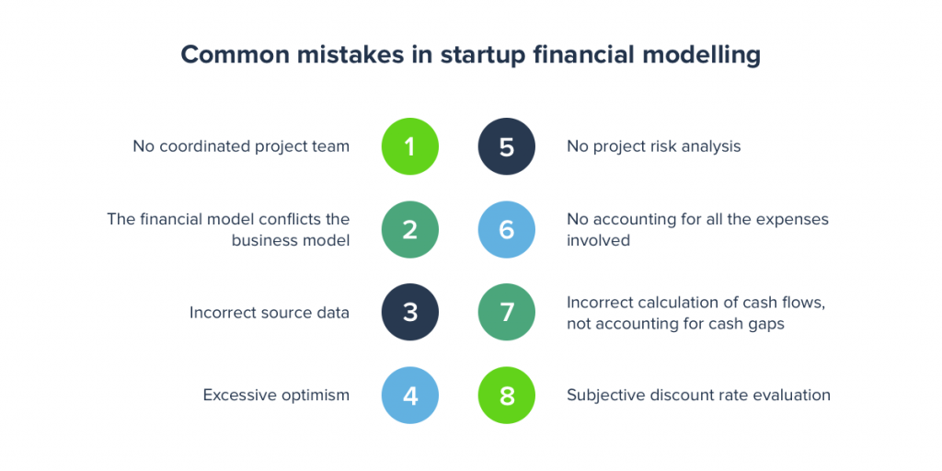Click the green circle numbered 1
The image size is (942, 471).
(410, 146)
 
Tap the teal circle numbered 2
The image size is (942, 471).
(410, 229)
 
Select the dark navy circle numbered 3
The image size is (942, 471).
(410, 313)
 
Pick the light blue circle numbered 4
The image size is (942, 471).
(410, 396)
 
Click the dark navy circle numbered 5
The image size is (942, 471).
(507, 146)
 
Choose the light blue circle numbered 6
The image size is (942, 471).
(507, 229)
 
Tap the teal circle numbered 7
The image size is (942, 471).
(507, 313)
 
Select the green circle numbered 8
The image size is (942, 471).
(507, 396)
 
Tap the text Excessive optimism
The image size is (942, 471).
(276, 396)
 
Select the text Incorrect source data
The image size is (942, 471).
(270, 313)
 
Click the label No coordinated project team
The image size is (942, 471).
(242, 147)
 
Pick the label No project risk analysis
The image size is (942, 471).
(654, 147)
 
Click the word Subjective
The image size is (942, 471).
(605, 396)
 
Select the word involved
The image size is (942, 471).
(598, 240)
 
